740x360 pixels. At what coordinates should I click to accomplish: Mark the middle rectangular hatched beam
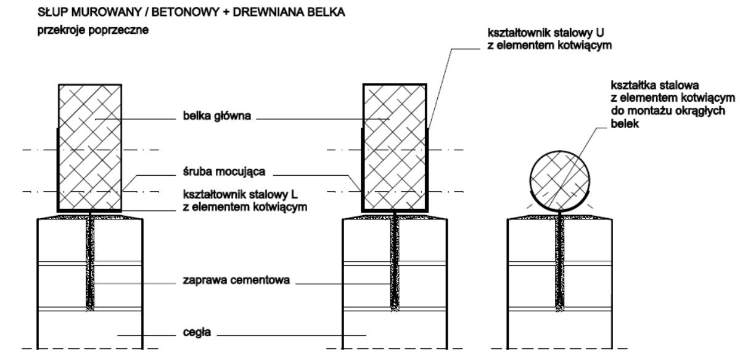click(x=394, y=147)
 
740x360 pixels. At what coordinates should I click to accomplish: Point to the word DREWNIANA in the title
click(x=231, y=12)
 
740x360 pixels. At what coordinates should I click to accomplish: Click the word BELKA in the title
click(x=282, y=12)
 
